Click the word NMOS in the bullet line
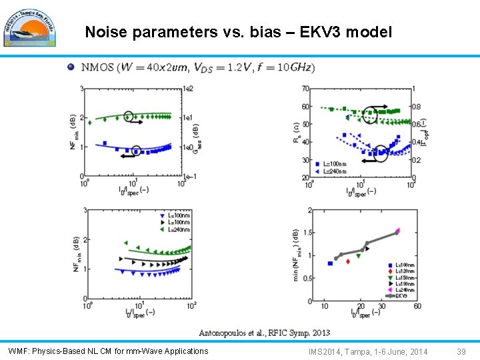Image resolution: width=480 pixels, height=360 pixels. pos(97,67)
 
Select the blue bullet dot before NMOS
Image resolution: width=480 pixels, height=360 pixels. pos(71,67)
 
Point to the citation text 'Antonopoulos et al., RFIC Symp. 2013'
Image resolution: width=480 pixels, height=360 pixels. pos(264,333)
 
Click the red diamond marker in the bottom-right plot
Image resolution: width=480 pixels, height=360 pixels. pos(348,261)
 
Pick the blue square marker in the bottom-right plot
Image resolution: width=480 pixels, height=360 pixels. pos(330,263)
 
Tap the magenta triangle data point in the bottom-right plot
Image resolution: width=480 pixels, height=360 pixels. pos(398,231)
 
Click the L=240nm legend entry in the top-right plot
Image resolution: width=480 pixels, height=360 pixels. pos(332,171)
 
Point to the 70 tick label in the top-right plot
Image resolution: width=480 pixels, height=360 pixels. pos(305,88)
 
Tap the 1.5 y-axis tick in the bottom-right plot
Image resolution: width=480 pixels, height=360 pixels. pos(308,233)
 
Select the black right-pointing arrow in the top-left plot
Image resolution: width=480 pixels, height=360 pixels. pos(136,122)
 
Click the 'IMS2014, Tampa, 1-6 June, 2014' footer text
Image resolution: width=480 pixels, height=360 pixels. pos(368,351)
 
